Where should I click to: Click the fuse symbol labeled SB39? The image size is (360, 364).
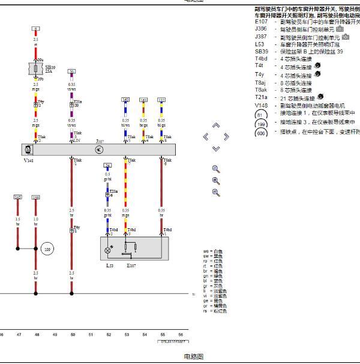pos(36,69)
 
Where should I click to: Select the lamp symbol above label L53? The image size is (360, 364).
pos(109,249)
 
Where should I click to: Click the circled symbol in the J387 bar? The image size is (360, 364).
pos(100,148)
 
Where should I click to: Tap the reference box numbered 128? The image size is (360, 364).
pos(36,197)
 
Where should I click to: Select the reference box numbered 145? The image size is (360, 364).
pos(17,197)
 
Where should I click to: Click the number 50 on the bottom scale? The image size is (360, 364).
pos(72,334)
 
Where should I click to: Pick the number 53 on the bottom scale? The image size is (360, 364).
pos(127,334)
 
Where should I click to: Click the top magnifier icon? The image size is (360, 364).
pos(216,169)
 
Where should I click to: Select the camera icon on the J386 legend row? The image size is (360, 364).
pos(340,29)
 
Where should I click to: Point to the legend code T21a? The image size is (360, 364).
pos(261,97)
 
